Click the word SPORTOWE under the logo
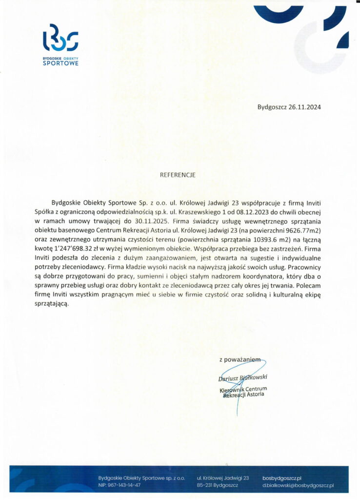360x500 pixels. (60, 63)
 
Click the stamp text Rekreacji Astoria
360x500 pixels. (244, 395)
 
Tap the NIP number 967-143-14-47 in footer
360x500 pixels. (119, 485)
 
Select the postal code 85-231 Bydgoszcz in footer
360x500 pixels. (217, 485)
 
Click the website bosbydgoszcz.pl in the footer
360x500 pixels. (282, 477)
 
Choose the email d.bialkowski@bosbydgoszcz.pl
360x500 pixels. (298, 485)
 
